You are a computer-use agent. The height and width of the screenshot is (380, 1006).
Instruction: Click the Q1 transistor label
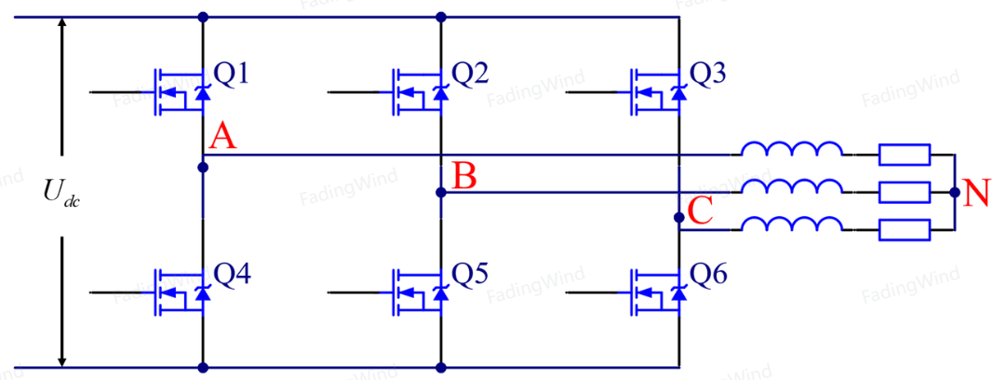point(230,75)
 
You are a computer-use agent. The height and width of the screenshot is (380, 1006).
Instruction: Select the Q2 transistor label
point(470,75)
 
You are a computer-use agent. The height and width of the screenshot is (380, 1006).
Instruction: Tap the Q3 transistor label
point(707,75)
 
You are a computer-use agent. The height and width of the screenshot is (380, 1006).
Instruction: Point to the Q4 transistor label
point(231,276)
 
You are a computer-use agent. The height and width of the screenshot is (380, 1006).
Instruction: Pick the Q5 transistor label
point(470,276)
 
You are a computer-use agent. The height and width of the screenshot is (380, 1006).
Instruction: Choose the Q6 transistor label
point(707,276)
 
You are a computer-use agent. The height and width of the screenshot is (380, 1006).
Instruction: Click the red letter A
point(221,137)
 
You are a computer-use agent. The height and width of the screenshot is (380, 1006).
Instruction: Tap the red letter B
point(463,176)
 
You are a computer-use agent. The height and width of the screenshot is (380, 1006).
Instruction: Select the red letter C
point(700,211)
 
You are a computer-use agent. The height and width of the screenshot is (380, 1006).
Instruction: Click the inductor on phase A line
point(791,149)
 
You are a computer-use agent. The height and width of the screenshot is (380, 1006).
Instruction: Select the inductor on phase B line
point(791,186)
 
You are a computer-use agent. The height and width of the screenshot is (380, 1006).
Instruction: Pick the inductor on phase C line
point(791,224)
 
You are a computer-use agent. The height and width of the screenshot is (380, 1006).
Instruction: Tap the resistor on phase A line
point(904,155)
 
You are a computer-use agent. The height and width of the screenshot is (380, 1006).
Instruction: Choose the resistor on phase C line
point(904,229)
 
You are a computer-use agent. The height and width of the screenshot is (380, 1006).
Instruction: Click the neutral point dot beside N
point(955,192)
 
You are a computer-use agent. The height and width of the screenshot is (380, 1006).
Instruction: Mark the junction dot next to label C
point(679,218)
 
